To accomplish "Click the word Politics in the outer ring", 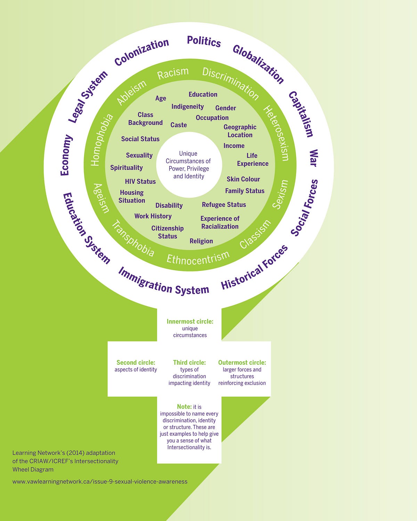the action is [x=204, y=41].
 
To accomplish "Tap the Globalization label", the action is [x=258, y=64].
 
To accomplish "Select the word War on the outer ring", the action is [x=313, y=158].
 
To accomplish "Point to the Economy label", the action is [x=66, y=155].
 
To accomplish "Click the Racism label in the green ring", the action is [x=173, y=73].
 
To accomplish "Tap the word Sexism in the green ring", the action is [x=280, y=194].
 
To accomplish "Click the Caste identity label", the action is [x=179, y=125].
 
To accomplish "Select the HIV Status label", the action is [x=140, y=181].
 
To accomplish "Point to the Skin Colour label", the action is [x=243, y=179].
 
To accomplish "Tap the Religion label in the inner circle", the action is [x=201, y=241].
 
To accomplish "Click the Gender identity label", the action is [x=226, y=108].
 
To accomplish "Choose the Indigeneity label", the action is [x=188, y=107].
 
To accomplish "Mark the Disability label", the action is [x=169, y=206].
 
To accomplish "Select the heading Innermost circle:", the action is [x=190, y=322].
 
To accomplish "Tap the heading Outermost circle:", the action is [x=242, y=362].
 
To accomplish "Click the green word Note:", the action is [x=184, y=406].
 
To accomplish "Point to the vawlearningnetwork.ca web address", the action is [x=100, y=481].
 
